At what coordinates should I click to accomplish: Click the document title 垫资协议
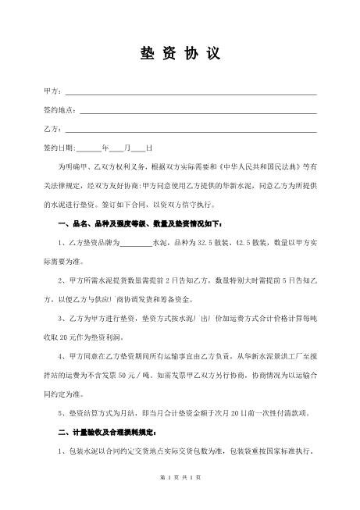[x=180, y=54]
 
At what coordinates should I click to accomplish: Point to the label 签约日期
[x=59, y=148]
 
